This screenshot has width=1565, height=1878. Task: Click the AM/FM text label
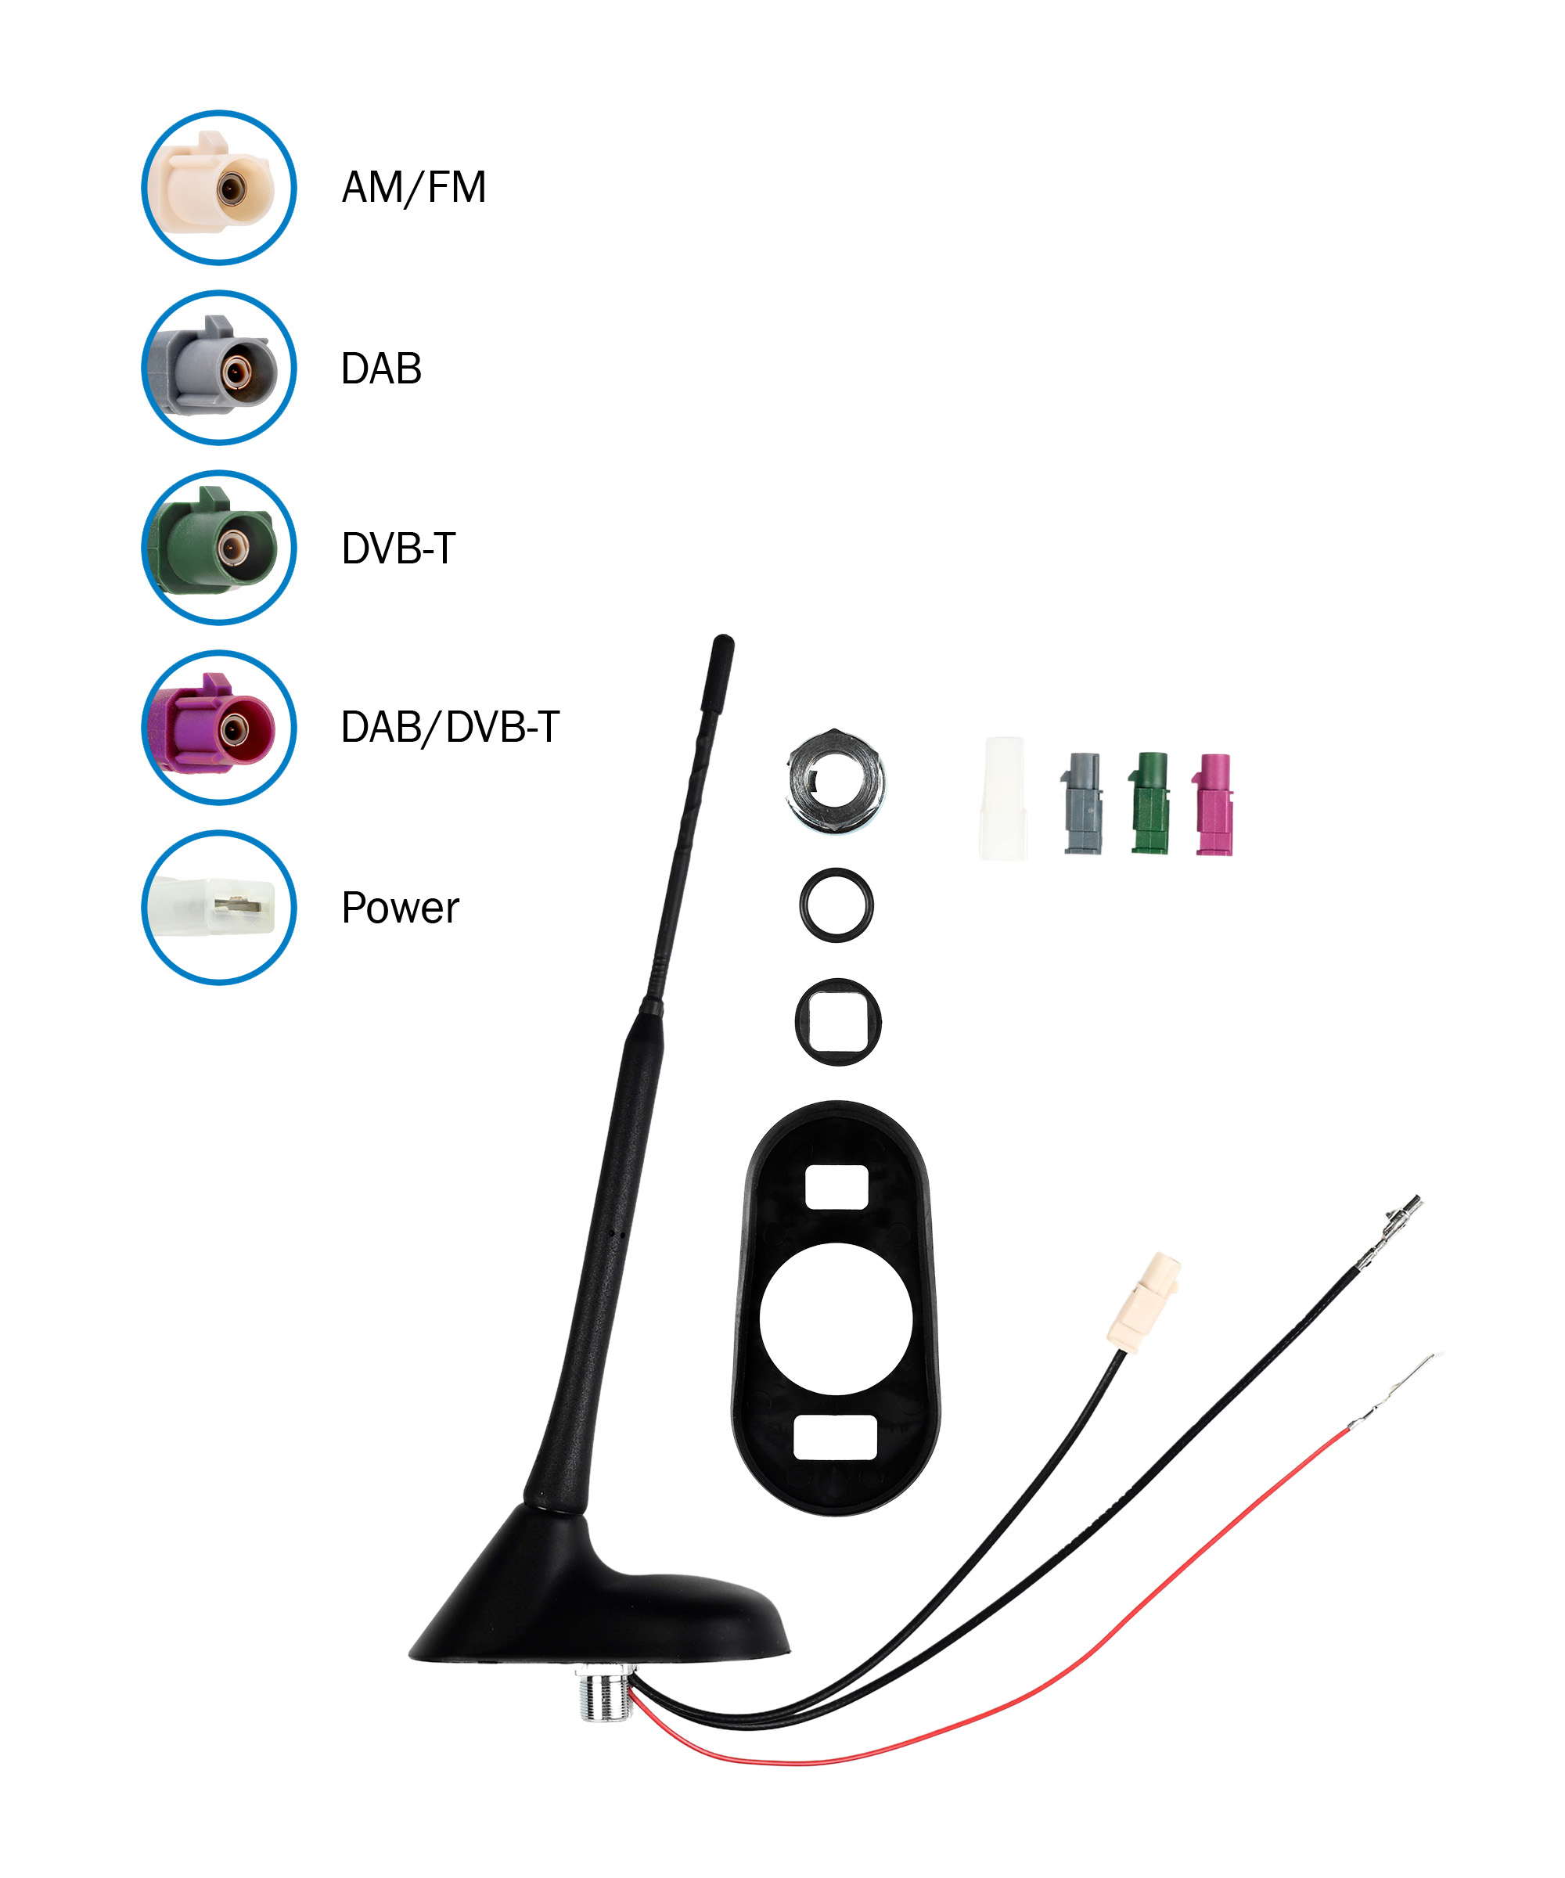[413, 188]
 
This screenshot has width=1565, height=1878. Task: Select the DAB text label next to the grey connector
[381, 369]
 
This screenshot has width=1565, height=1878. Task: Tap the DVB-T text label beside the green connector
[398, 549]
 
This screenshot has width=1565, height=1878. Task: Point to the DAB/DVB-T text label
[450, 727]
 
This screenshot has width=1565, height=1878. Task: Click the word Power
[400, 908]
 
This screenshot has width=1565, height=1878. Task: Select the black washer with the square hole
[838, 1021]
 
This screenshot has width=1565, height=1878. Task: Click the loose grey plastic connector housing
[1082, 803]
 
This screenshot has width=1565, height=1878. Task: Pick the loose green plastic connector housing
[1149, 802]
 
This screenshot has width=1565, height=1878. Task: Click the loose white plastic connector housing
[1003, 799]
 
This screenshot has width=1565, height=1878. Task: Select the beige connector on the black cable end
[1144, 1301]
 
